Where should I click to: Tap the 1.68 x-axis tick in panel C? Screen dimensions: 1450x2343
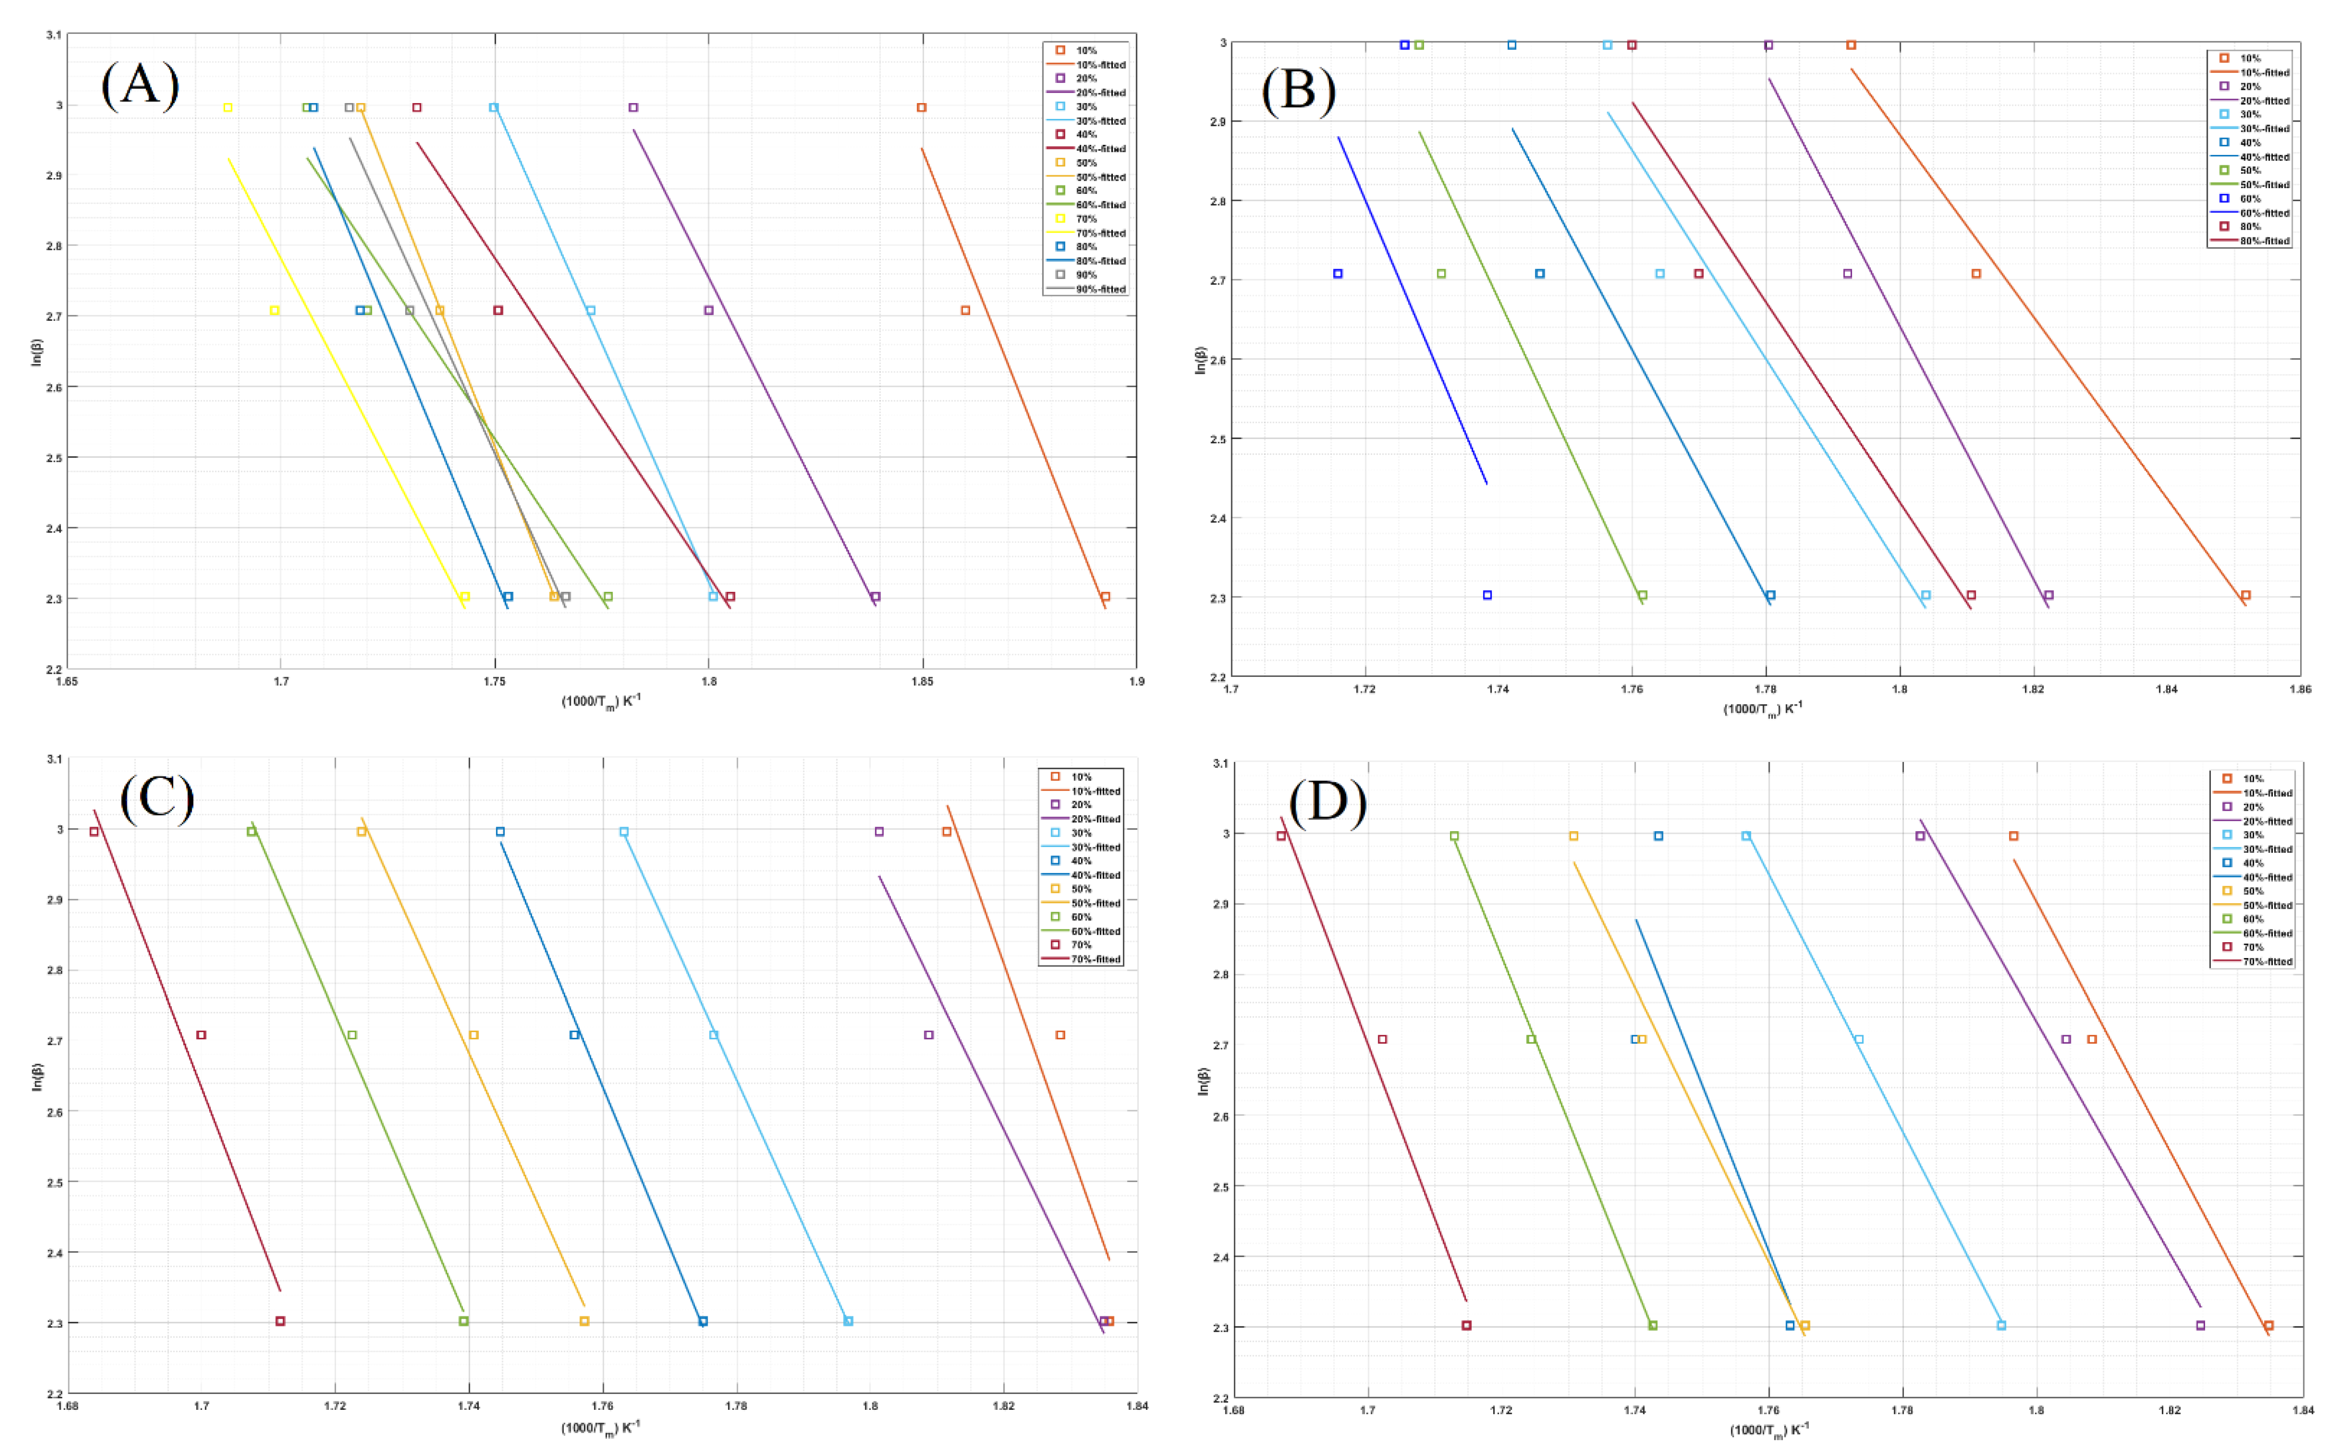coord(67,1407)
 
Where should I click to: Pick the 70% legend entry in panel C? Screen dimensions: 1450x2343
coord(1081,945)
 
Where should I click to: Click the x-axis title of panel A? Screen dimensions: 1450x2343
coord(601,702)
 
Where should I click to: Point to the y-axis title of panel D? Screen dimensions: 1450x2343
coord(1204,1081)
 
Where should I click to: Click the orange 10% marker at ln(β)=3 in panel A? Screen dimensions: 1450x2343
coord(921,107)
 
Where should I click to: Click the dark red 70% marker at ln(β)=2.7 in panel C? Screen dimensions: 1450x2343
coord(201,1035)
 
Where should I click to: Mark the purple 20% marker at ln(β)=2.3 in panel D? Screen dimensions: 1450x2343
coord(2200,1325)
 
